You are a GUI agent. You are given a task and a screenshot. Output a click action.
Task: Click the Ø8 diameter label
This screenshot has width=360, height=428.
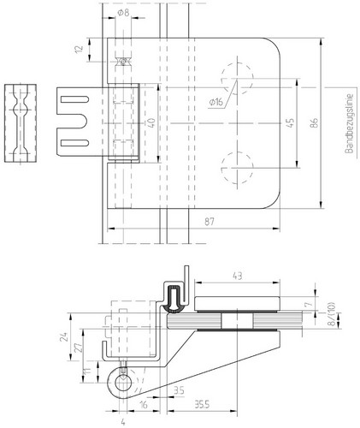tap(123, 13)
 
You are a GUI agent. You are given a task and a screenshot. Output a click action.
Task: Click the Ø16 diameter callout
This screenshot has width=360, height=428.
tap(215, 102)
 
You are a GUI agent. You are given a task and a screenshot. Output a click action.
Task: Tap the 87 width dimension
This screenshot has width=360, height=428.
tap(210, 222)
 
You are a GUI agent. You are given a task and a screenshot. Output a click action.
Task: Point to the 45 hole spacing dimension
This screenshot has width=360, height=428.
tap(290, 123)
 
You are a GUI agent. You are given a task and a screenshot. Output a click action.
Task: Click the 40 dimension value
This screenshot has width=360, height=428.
tap(151, 123)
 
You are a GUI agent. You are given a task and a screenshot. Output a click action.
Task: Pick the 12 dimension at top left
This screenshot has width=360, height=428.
tap(80, 49)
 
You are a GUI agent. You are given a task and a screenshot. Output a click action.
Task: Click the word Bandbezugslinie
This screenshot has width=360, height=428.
tap(349, 123)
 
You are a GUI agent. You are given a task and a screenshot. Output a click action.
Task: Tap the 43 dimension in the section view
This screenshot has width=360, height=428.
tap(238, 276)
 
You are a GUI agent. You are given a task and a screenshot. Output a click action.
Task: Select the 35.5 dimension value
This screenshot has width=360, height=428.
tap(202, 404)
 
